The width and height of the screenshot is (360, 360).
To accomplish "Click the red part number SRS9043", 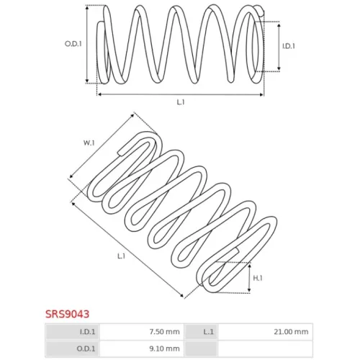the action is pyautogui.click(x=67, y=314).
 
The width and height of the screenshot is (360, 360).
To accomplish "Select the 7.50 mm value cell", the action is pyautogui.click(x=142, y=332).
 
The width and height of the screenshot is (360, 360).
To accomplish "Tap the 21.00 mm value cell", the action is pyautogui.click(x=265, y=332).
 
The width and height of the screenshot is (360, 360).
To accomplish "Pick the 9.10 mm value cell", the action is pyautogui.click(x=142, y=348).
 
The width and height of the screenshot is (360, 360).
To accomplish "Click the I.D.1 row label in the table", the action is pyautogui.click(x=87, y=332).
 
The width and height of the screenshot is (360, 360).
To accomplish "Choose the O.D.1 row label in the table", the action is pyautogui.click(x=86, y=348).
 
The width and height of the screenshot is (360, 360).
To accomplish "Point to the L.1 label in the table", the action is pyautogui.click(x=208, y=332).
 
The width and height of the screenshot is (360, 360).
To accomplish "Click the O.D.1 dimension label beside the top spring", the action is pyautogui.click(x=73, y=44).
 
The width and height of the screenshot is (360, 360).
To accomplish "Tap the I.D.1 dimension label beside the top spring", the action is pyautogui.click(x=289, y=46).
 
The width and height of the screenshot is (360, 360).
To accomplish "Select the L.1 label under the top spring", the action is pyautogui.click(x=181, y=102).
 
